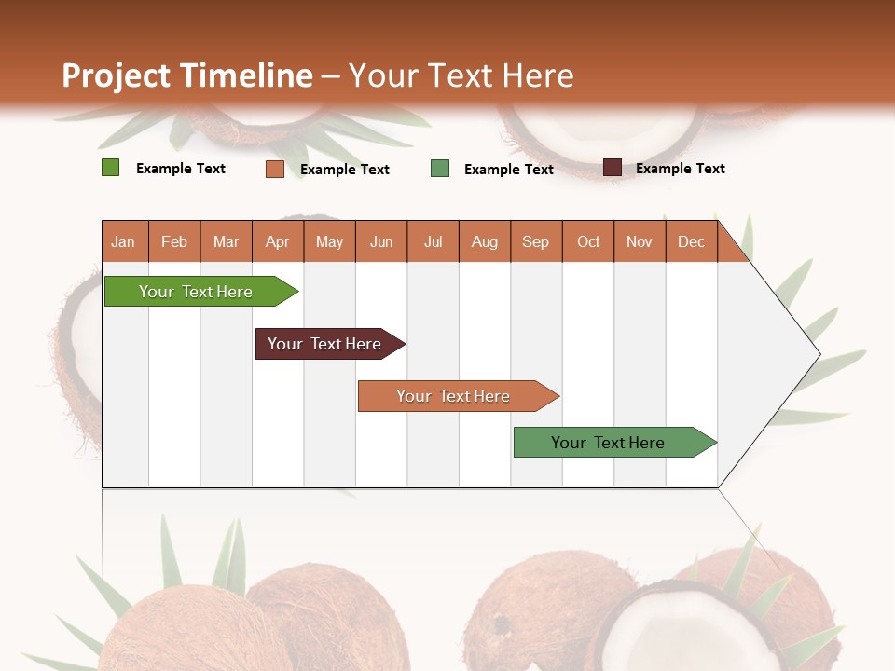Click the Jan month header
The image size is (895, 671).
123,241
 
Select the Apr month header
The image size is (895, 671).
277,241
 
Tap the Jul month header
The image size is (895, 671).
433,241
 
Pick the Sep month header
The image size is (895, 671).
535,241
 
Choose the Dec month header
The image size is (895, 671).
691,241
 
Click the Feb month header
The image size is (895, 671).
174,241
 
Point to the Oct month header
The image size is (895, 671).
588,241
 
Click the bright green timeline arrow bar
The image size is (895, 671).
196,292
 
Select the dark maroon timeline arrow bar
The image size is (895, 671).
324,344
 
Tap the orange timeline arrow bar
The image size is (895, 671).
453,396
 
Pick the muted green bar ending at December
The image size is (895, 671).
608,443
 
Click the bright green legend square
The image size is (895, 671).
110,168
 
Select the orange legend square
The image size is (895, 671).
274,169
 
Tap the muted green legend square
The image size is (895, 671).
440,169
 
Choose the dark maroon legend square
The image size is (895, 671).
612,168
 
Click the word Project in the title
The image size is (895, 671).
117,75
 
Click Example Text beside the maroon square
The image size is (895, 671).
680,169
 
